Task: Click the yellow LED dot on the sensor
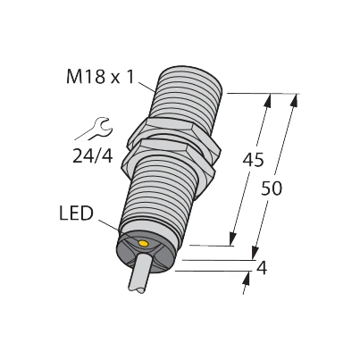pyautogui.click(x=144, y=244)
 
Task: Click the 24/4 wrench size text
pyautogui.click(x=93, y=155)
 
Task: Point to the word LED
pyautogui.click(x=76, y=213)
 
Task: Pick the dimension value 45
pyautogui.click(x=253, y=160)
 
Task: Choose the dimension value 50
pyautogui.click(x=271, y=188)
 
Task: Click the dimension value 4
pyautogui.click(x=262, y=268)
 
